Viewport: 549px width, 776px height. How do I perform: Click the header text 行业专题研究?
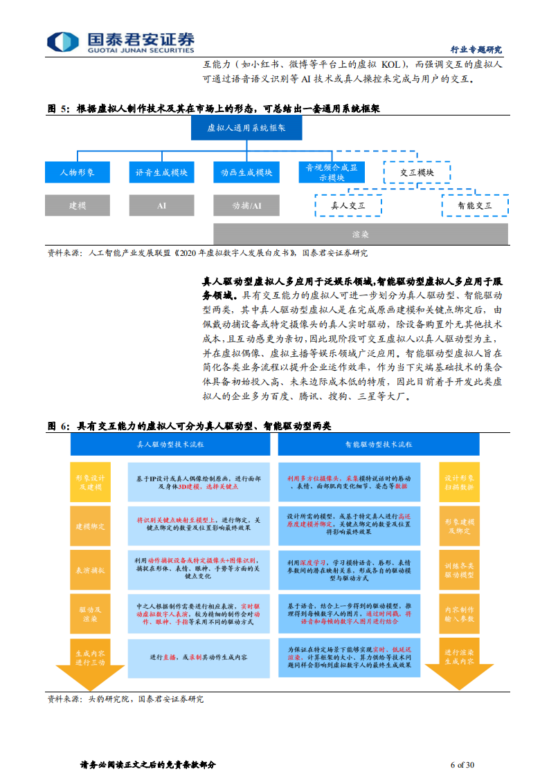point(476,50)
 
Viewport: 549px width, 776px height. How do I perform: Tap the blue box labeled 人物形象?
point(77,172)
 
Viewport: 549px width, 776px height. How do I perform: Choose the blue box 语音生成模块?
point(161,172)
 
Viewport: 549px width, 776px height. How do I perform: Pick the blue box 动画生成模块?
point(246,172)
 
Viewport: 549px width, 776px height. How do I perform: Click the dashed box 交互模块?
point(417,172)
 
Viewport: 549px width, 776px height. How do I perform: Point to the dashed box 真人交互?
point(348,205)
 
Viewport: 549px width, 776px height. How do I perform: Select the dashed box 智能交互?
point(475,205)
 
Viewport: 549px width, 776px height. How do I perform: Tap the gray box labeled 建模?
point(77,205)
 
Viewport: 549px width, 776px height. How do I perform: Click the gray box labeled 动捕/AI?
point(246,205)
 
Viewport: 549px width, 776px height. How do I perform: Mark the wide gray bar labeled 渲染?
point(361,234)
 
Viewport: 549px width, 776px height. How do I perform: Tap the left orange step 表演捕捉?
point(91,570)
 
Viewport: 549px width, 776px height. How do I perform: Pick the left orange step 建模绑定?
point(91,526)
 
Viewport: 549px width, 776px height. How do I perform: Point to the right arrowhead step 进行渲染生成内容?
point(459,656)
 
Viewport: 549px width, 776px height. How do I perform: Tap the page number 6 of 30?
point(462,764)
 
